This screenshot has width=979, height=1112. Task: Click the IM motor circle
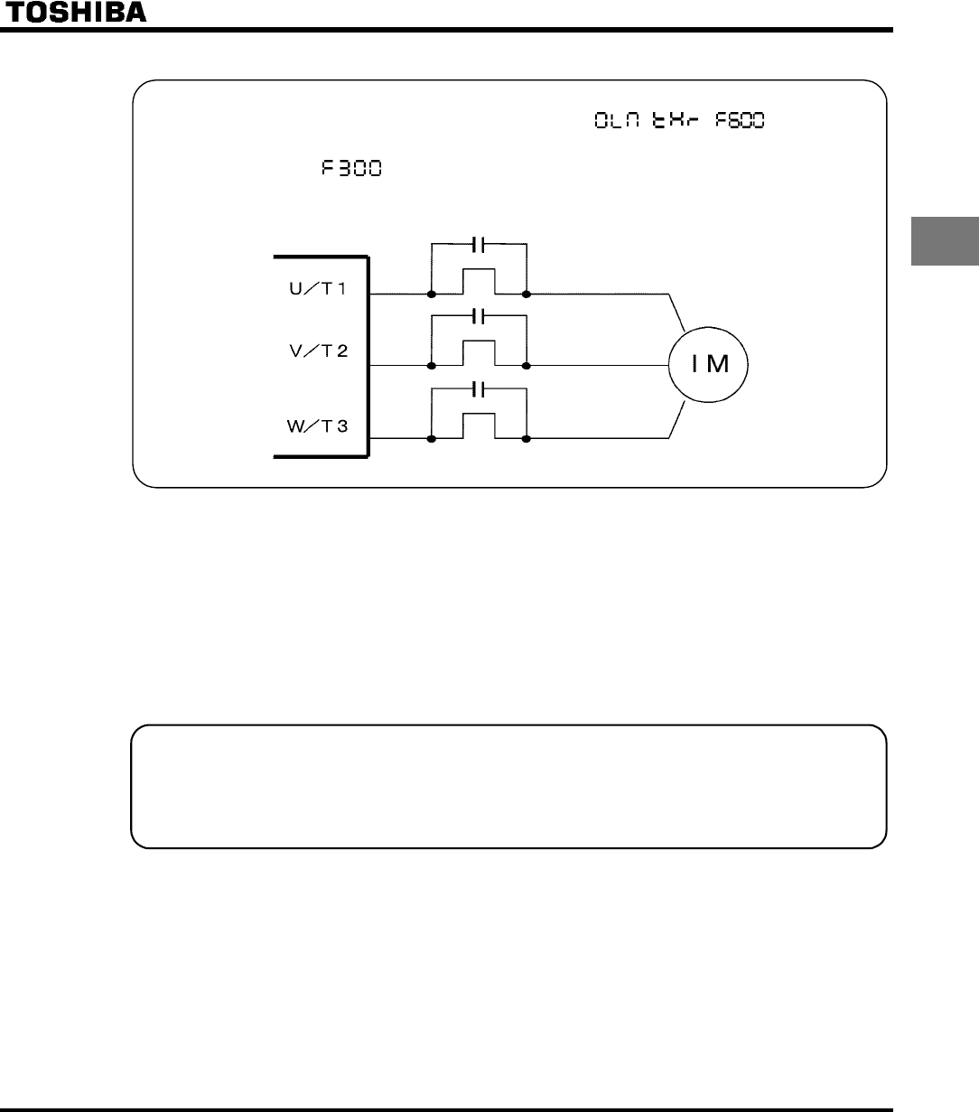[710, 366]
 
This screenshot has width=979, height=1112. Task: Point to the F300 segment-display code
[350, 170]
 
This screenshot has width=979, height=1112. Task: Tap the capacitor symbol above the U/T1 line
[480, 244]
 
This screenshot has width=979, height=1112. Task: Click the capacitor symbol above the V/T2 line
[480, 316]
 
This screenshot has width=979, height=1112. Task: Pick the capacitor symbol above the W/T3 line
[480, 389]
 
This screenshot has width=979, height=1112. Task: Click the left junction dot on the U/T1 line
[433, 294]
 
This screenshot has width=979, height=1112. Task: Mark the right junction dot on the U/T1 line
[527, 294]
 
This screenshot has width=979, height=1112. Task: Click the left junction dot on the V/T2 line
[433, 366]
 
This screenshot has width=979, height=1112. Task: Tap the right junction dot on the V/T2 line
[527, 366]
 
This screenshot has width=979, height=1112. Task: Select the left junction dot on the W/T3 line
[433, 439]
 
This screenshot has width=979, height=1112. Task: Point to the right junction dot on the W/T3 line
[527, 439]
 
